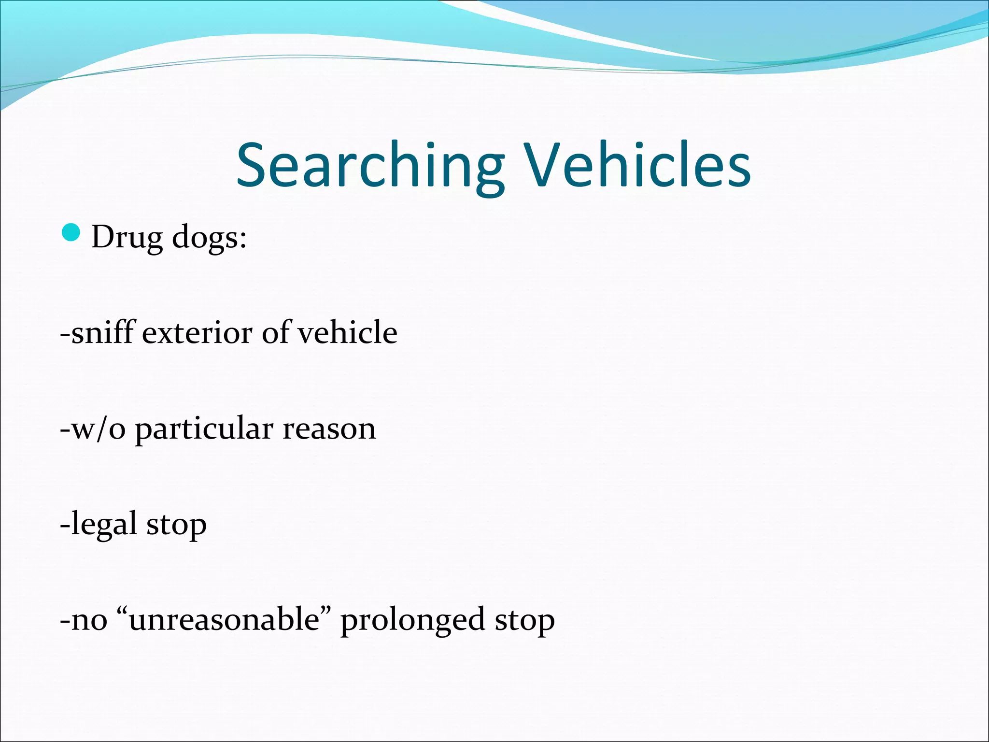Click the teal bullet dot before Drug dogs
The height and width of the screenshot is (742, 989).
[71, 233]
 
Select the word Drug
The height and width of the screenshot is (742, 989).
[127, 238]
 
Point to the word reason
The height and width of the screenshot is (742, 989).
[329, 429]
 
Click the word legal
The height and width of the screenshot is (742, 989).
[104, 525]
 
